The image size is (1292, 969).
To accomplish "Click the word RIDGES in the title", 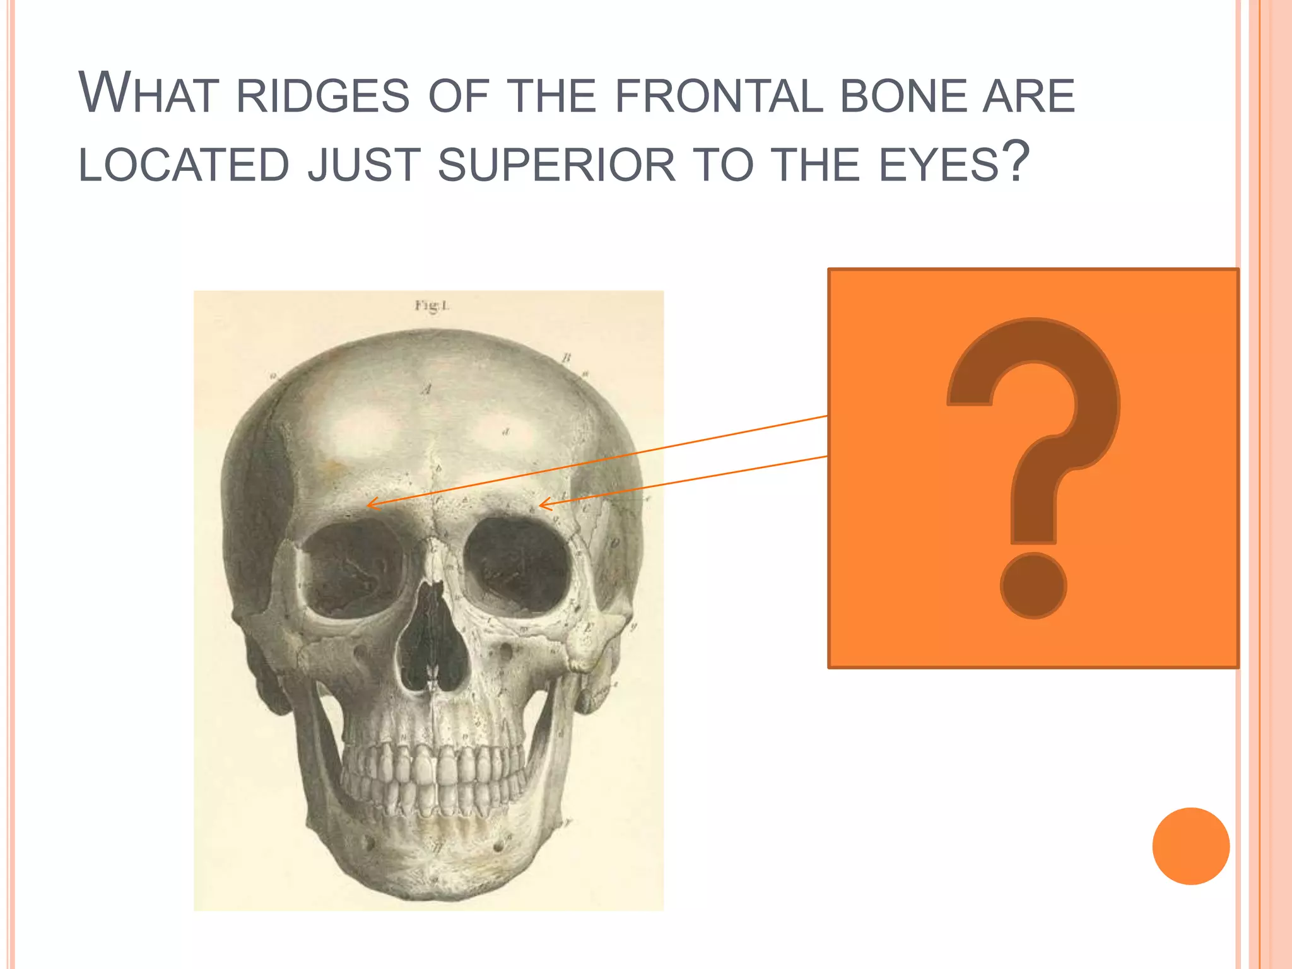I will coord(323,96).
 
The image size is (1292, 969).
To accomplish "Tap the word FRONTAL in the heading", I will coord(719,96).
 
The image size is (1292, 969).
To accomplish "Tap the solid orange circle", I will coord(1190,846).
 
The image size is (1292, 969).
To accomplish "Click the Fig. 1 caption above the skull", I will coord(432,306).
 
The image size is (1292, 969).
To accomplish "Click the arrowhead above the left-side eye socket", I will coord(371,504).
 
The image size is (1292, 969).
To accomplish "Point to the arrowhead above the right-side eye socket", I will coord(543,505).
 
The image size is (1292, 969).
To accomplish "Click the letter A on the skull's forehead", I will coord(427,389).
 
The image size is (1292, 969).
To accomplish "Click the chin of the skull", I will coord(435,871).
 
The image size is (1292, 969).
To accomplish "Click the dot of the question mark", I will coord(1033,585).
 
